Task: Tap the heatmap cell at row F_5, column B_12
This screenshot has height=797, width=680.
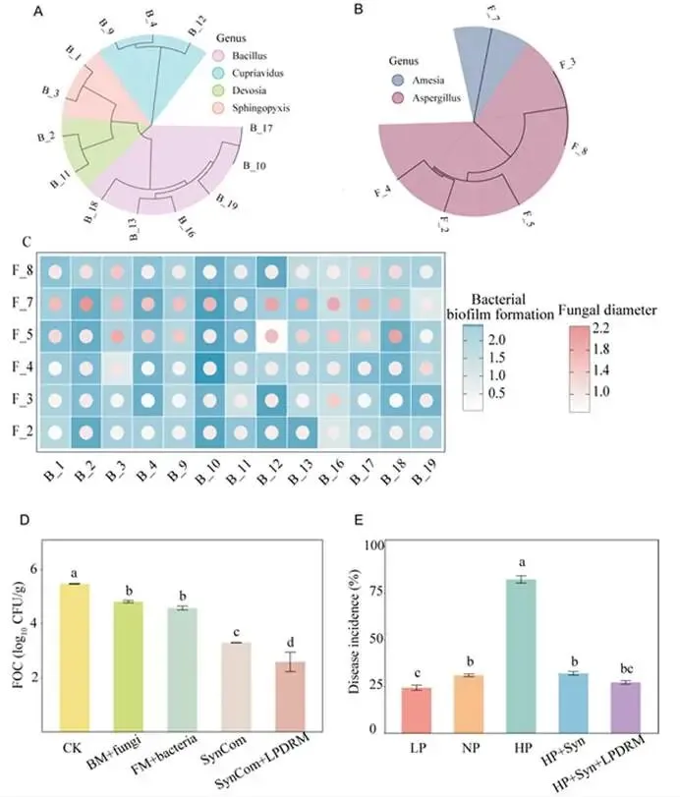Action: pos(270,336)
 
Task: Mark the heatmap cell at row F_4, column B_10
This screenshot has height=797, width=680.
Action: pos(208,370)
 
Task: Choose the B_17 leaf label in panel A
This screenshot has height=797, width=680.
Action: pos(261,128)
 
